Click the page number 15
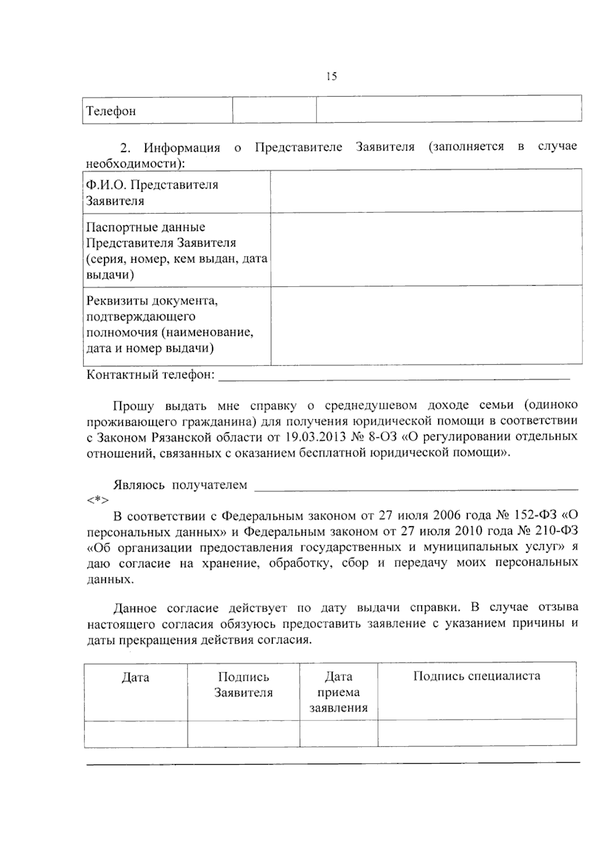click(x=331, y=76)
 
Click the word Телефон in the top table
click(x=111, y=111)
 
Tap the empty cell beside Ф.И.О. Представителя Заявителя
click(x=426, y=191)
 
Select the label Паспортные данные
click(x=146, y=227)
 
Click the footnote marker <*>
click(x=97, y=501)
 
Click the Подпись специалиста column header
click(x=476, y=676)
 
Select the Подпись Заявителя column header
click(x=243, y=685)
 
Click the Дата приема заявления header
click(x=338, y=692)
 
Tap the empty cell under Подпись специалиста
click(x=476, y=733)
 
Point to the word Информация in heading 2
click(x=182, y=148)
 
